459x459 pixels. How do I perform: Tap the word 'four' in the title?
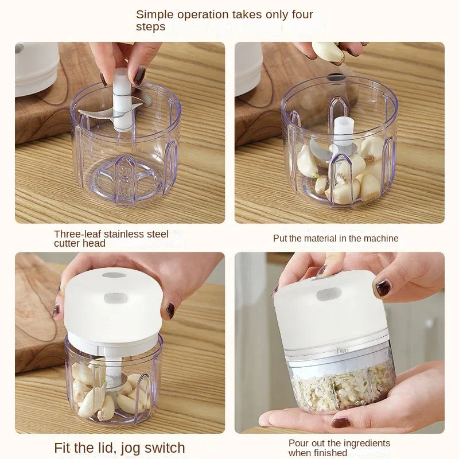point(299,14)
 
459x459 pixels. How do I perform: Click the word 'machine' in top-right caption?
point(379,238)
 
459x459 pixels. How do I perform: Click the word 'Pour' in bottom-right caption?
point(299,443)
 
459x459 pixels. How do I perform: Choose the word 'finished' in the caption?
point(329,453)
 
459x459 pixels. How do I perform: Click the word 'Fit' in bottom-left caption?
point(64,448)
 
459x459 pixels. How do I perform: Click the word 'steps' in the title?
point(150,27)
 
